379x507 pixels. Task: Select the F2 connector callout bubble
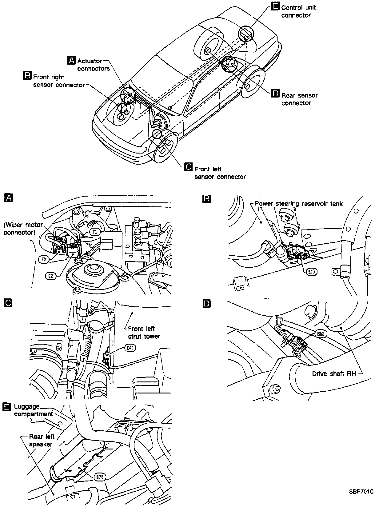point(44,259)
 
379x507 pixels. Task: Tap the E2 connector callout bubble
point(51,276)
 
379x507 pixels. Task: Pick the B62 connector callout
point(320,333)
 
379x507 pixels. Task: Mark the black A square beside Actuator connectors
point(71,61)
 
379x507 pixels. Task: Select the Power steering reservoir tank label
point(299,204)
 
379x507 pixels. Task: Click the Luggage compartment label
point(34,410)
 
